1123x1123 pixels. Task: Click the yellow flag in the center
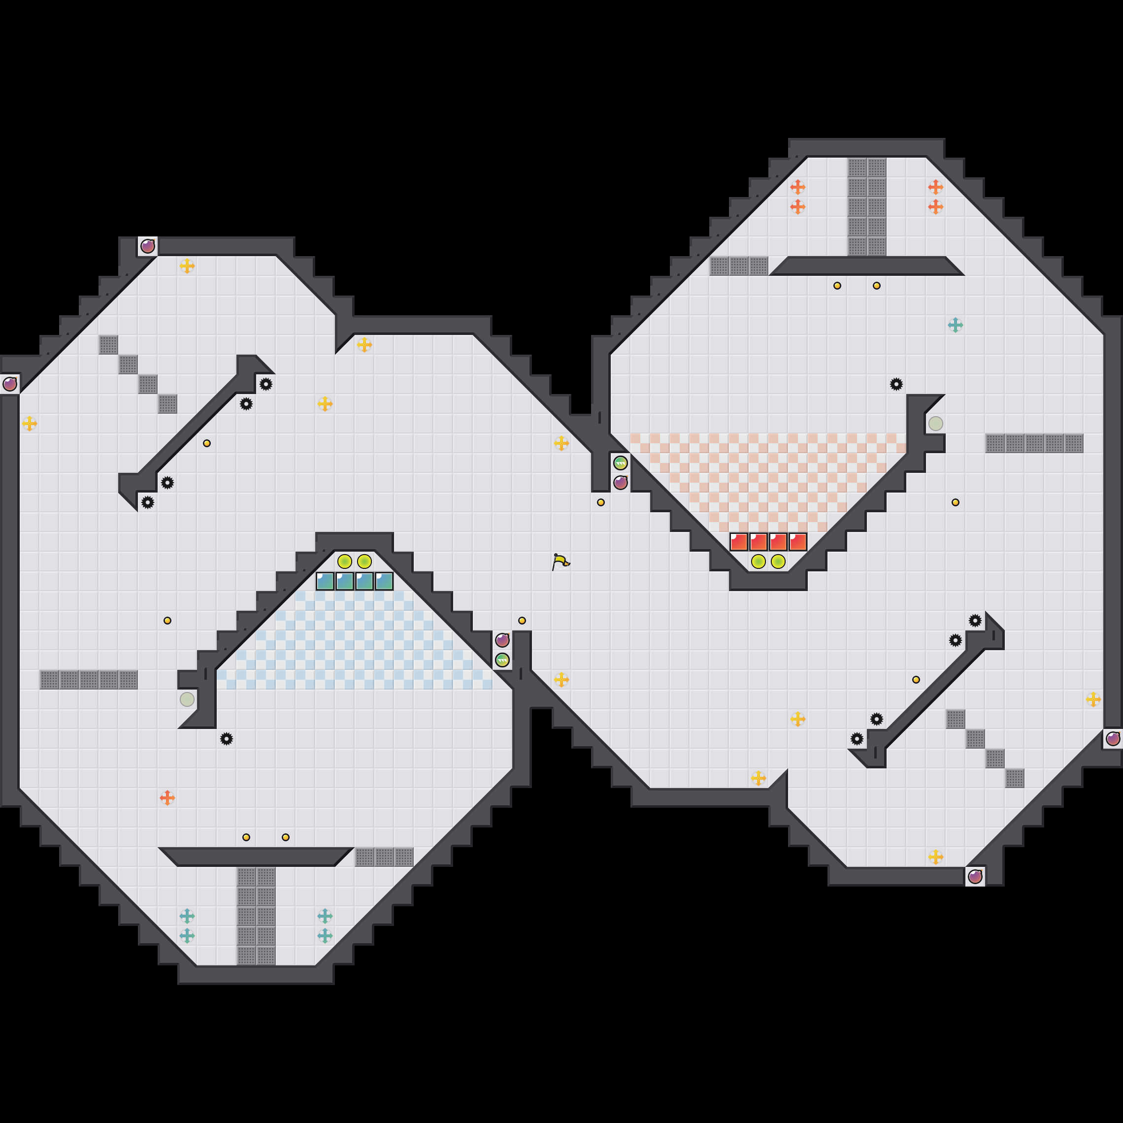tap(561, 561)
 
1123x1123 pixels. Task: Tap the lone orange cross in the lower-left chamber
tap(167, 798)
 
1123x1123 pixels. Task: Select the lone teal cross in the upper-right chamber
tap(955, 325)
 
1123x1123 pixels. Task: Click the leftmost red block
tap(739, 542)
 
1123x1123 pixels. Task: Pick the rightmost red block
tap(797, 542)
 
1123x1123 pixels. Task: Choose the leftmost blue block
tap(325, 581)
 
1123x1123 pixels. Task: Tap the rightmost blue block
tap(384, 581)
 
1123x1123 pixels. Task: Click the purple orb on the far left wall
tap(10, 384)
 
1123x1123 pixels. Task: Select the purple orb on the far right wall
tap(1113, 739)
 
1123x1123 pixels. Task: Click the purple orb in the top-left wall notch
tap(148, 246)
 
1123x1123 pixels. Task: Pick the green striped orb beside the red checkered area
tap(620, 463)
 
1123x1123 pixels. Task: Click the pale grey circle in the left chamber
tap(187, 699)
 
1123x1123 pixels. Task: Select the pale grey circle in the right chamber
tap(935, 424)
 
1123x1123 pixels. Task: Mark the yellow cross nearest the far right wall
tap(1093, 699)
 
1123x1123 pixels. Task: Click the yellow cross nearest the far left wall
tap(30, 424)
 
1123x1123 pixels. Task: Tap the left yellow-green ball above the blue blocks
tap(345, 561)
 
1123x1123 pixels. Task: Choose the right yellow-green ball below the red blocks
tap(778, 561)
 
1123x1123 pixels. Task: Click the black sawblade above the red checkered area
tap(896, 384)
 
